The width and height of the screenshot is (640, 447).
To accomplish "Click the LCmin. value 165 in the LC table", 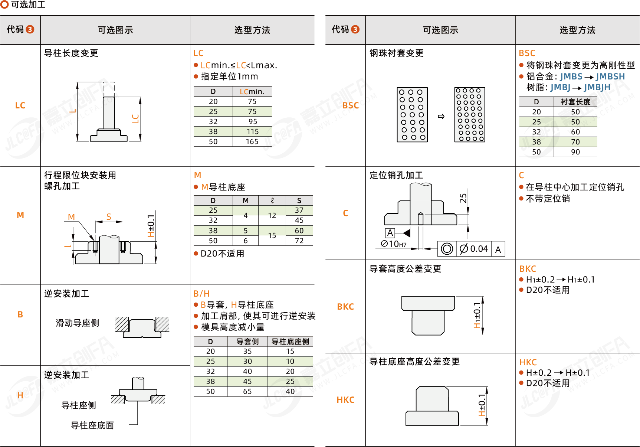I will pos(252,141).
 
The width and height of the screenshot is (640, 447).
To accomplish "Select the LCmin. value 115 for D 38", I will pos(252,131).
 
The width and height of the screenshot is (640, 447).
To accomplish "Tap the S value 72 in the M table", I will pos(299,241).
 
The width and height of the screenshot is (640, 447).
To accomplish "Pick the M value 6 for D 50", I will pos(245,241).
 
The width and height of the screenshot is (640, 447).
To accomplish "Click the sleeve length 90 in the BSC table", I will pos(575,152).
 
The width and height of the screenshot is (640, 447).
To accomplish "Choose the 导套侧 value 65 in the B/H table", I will pos(247,391).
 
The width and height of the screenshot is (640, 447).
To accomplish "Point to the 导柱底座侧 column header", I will pos(290,342).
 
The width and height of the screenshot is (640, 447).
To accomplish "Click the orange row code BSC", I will pos(350,105).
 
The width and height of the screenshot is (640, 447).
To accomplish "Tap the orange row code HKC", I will pos(345,400).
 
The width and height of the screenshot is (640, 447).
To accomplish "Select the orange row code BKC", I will pos(345,307).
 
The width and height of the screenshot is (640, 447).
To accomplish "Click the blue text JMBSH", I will pos(610,76).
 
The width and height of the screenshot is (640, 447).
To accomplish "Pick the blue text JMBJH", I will pos(597,87).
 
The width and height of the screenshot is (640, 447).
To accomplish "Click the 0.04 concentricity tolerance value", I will pos(479,249).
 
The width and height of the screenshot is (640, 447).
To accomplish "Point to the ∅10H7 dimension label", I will pos(394,244).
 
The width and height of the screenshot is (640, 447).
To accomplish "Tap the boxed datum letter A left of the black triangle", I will pos(390,233).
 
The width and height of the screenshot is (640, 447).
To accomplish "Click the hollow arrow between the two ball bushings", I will pos(441,116).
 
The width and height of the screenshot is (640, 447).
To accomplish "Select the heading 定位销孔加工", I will pos(396,175).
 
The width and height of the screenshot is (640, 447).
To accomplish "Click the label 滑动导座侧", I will pos(78,323).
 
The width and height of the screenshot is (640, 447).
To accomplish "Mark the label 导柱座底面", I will pos(92,425).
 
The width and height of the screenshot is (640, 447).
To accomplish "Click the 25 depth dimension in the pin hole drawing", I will pos(463,198).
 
